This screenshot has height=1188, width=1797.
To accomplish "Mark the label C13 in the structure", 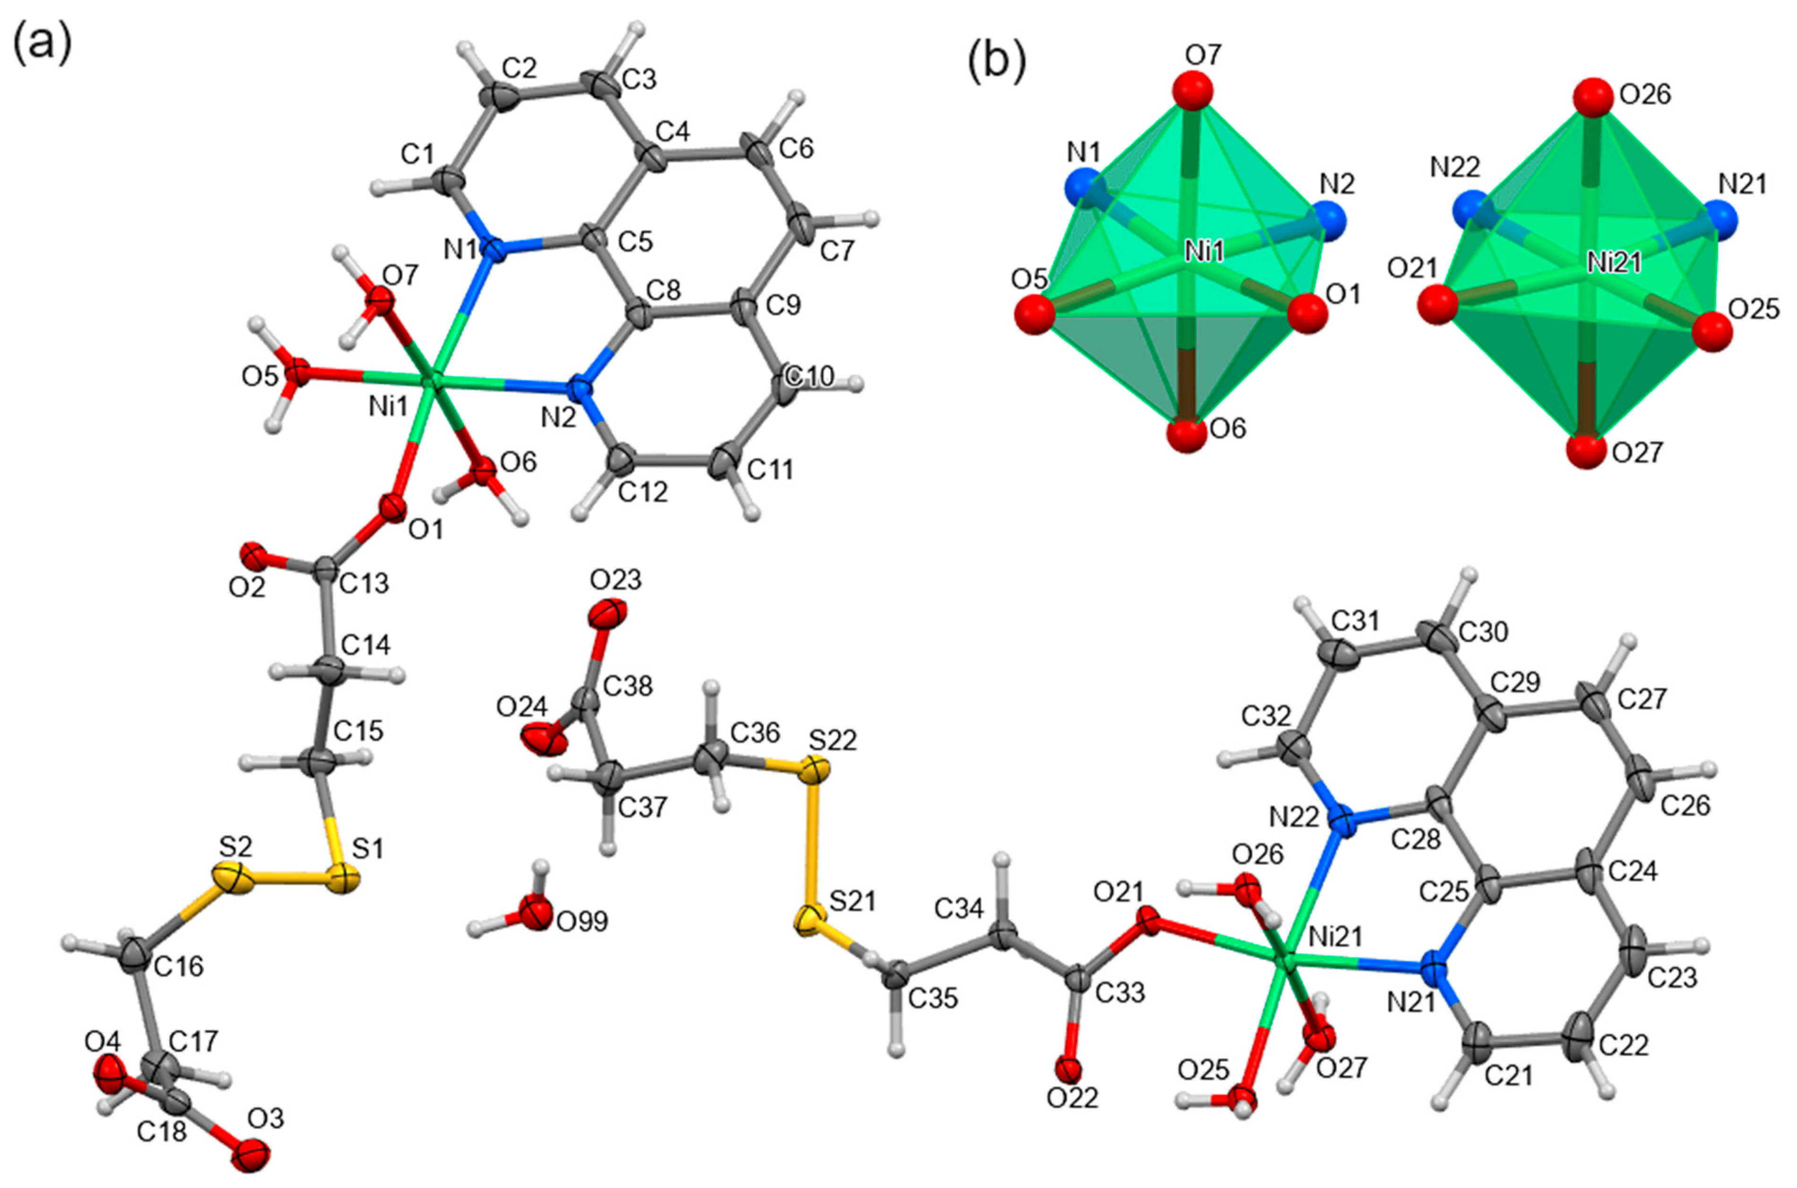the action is click(364, 584).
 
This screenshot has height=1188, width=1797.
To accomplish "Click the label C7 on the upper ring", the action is click(837, 251).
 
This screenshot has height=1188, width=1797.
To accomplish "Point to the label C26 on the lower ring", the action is click(1685, 805).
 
